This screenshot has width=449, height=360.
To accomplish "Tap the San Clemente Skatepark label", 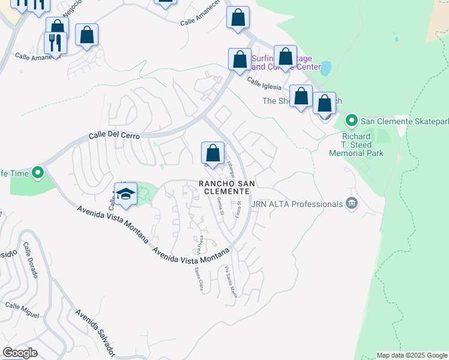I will point(404,121).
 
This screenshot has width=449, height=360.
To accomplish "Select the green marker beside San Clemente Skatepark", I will point(351,121).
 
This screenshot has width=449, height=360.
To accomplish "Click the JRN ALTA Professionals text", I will point(297,204).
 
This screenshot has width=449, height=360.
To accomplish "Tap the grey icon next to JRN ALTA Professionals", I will point(351,204).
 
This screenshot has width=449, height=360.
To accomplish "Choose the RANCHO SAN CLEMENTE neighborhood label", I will point(224,187).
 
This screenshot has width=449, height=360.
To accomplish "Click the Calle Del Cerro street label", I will point(114,136).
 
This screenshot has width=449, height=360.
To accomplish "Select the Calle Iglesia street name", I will point(264,86).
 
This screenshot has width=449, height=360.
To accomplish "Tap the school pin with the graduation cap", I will point(125,194).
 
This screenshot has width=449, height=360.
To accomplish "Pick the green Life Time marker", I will point(37,173).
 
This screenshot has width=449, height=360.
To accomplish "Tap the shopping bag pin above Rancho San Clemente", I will point(212,153).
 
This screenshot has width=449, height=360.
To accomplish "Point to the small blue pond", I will point(325,68).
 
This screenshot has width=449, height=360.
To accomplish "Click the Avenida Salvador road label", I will point(95,330).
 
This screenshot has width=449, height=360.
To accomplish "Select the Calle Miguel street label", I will point(22,310).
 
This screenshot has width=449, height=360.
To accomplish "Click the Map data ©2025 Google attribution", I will point(412,355).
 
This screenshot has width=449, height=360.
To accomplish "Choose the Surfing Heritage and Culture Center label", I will point(286,62).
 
